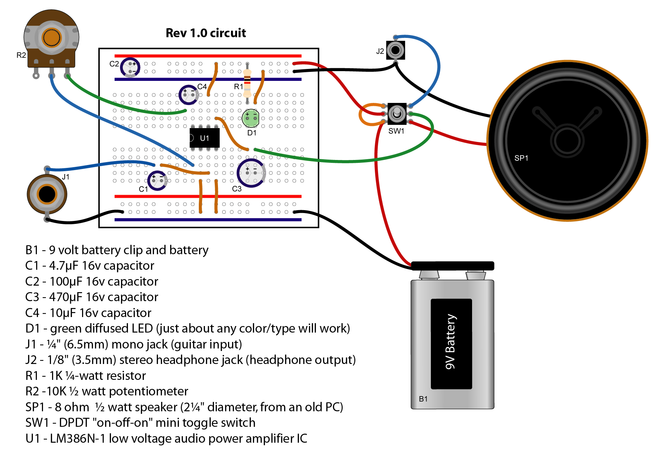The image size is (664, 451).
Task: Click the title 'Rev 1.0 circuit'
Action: pyautogui.click(x=206, y=33)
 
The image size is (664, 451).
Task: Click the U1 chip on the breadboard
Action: pyautogui.click(x=205, y=138)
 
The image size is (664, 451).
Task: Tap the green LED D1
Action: pyautogui.click(x=250, y=118)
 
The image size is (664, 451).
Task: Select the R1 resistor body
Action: pyautogui.click(x=247, y=84)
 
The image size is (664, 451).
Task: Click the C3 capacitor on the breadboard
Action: pyautogui.click(x=251, y=173)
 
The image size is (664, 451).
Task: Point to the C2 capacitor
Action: pyautogui.click(x=130, y=67)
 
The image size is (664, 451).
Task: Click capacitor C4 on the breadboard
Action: pyautogui.click(x=188, y=95)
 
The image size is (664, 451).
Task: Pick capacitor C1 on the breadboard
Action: pyautogui.click(x=157, y=180)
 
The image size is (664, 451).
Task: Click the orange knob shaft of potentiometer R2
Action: pyautogui.click(x=51, y=37)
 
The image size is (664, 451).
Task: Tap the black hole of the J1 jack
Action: pyautogui.click(x=47, y=194)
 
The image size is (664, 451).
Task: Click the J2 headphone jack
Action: pyautogui.click(x=395, y=50)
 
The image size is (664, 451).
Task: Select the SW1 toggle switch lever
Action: pyautogui.click(x=397, y=113)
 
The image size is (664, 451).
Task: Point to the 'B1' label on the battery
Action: pyautogui.click(x=423, y=399)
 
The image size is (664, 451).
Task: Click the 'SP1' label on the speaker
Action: pyautogui.click(x=521, y=158)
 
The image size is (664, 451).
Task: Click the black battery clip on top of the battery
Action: pyautogui.click(x=453, y=266)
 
